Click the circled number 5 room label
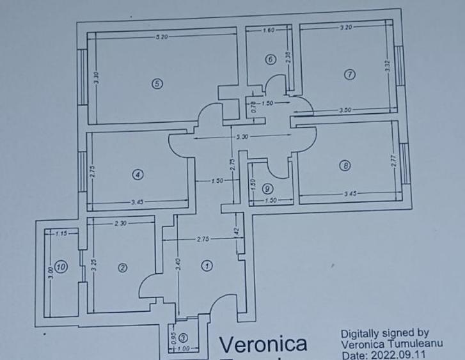[156, 83]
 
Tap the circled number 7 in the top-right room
[349, 75]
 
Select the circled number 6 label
[270, 59]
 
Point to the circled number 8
[345, 166]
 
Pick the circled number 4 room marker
[138, 174]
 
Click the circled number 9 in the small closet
[267, 189]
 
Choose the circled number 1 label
[207, 265]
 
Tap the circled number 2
[122, 268]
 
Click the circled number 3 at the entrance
[184, 338]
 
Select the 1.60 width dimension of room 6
[269, 30]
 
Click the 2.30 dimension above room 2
[120, 223]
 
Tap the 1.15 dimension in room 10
[61, 234]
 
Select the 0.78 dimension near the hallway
[254, 107]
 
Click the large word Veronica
[263, 345]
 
